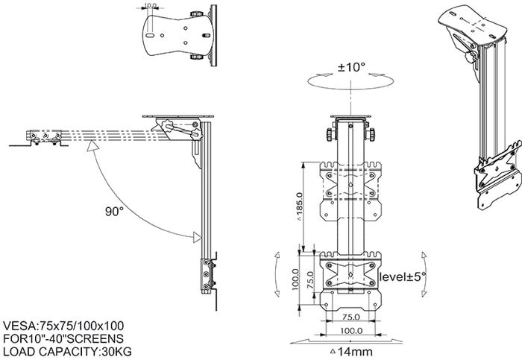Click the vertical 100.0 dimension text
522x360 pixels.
coord(295,280)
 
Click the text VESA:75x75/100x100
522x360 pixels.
coord(64,325)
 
